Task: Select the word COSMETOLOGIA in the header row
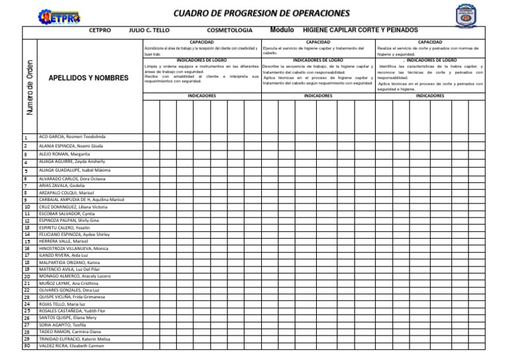(229, 30)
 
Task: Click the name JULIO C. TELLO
(149, 30)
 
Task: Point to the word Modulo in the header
(283, 30)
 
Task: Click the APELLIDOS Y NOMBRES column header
(89, 78)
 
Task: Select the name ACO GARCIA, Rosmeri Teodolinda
(72, 137)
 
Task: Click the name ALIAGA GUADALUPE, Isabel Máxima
(74, 170)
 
